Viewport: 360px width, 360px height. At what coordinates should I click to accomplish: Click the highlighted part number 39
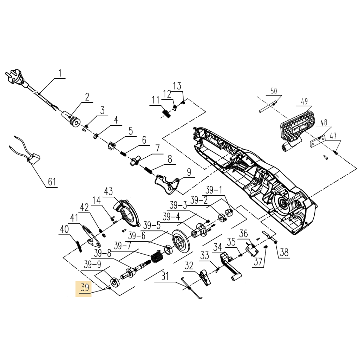pos(84,288)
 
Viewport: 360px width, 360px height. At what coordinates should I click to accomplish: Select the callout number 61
pos(52,182)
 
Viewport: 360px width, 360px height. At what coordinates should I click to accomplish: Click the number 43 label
pos(108,192)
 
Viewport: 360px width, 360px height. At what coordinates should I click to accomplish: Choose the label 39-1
pos(214,190)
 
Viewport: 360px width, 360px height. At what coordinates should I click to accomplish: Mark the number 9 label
pos(189,172)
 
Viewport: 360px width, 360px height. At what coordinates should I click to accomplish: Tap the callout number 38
pos(284,252)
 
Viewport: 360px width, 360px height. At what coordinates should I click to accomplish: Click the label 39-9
pos(92,264)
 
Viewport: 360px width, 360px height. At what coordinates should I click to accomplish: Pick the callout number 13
pos(177,86)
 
